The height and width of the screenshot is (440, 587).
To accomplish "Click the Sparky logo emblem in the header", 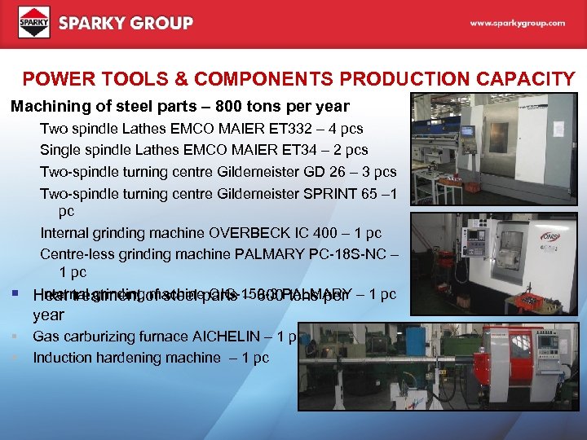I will (34, 22).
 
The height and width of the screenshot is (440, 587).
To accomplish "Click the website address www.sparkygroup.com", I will (517, 24).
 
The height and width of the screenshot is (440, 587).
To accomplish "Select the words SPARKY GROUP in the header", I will (126, 23).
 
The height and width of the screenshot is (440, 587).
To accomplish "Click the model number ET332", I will (296, 129).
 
